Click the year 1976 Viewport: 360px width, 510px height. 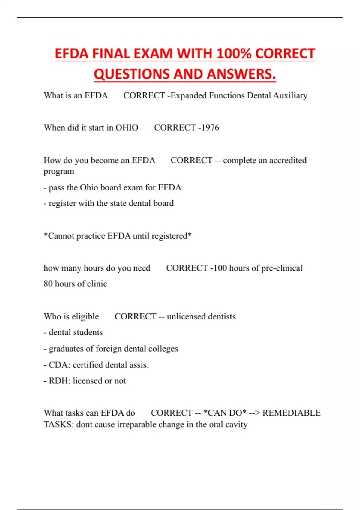pyautogui.click(x=210, y=127)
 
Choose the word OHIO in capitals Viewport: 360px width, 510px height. pyautogui.click(x=127, y=127)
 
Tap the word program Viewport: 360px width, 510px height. pyautogui.click(x=59, y=172)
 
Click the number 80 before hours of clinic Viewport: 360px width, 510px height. pyautogui.click(x=48, y=284)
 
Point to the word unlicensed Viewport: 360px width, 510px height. pyautogui.click(x=186, y=316)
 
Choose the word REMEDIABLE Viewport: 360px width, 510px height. pyautogui.click(x=291, y=413)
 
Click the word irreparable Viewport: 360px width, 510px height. pyautogui.click(x=136, y=424)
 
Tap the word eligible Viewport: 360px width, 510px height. pyautogui.click(x=85, y=316)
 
